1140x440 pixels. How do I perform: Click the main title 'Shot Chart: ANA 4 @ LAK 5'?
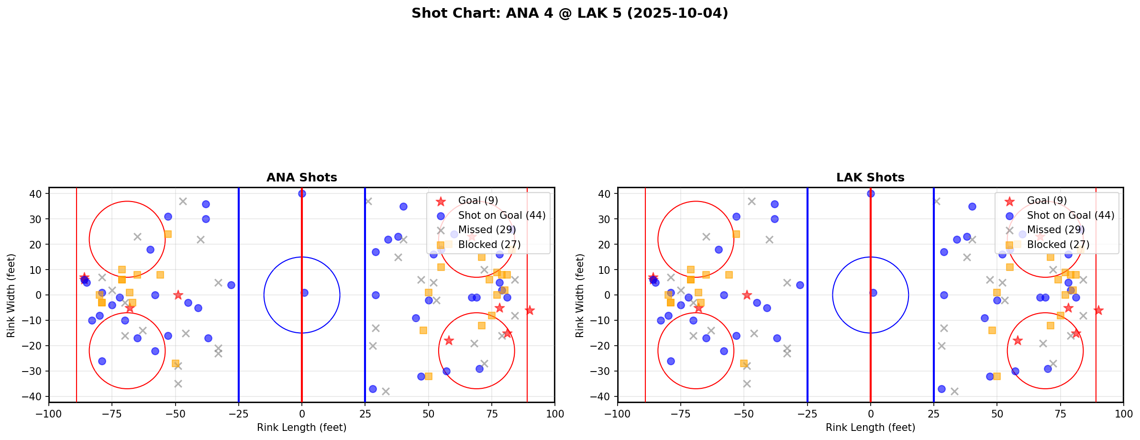tap(569, 13)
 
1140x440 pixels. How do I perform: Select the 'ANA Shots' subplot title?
tap(301, 178)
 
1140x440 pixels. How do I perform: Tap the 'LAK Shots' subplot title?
tap(870, 178)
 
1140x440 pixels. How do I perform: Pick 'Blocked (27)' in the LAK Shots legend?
tap(1058, 245)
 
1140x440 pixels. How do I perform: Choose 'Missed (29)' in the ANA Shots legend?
tap(484, 230)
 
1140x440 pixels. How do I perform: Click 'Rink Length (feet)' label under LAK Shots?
tap(870, 428)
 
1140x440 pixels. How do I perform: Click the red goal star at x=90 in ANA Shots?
tap(529, 310)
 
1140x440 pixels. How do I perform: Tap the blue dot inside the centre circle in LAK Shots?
tap(873, 293)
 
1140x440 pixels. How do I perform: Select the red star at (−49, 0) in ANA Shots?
tap(178, 295)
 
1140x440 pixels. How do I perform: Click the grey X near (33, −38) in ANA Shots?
tap(386, 391)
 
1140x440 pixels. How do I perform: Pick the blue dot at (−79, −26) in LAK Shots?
tap(671, 361)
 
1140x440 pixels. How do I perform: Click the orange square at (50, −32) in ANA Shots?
tap(428, 376)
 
